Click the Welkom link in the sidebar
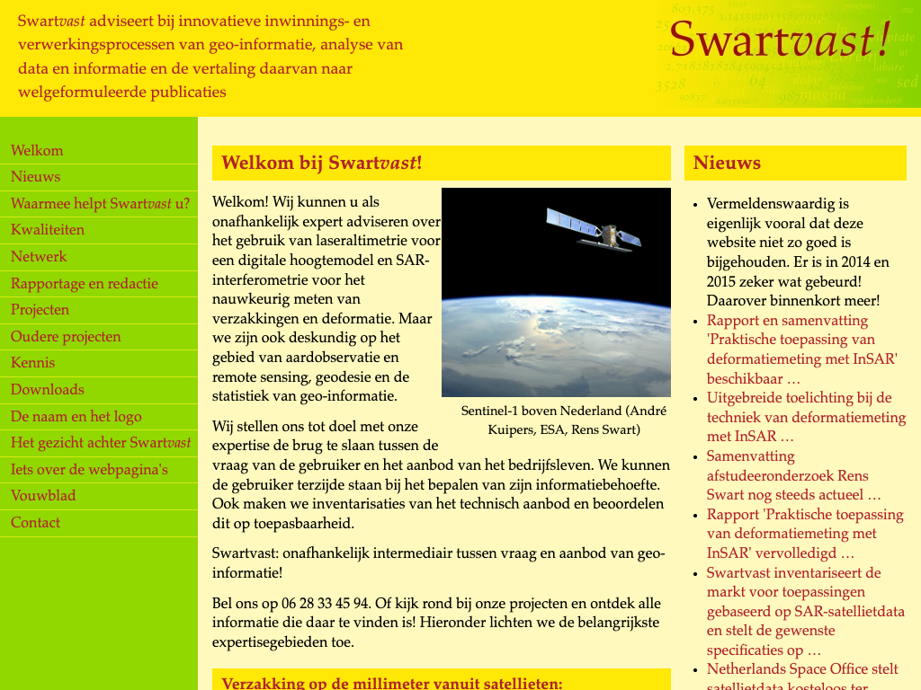[37, 151]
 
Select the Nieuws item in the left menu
[36, 177]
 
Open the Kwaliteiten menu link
[48, 230]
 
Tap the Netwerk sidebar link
[39, 257]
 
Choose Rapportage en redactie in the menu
[85, 284]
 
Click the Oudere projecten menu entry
[66, 337]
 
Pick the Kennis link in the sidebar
[33, 363]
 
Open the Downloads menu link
[48, 390]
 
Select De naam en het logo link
[76, 417]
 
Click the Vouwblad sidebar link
[43, 496]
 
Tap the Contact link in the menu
[36, 523]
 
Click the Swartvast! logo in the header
[780, 40]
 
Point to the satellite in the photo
[600, 229]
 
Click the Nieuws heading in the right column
[728, 164]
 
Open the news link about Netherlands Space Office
[802, 669]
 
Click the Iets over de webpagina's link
[89, 470]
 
